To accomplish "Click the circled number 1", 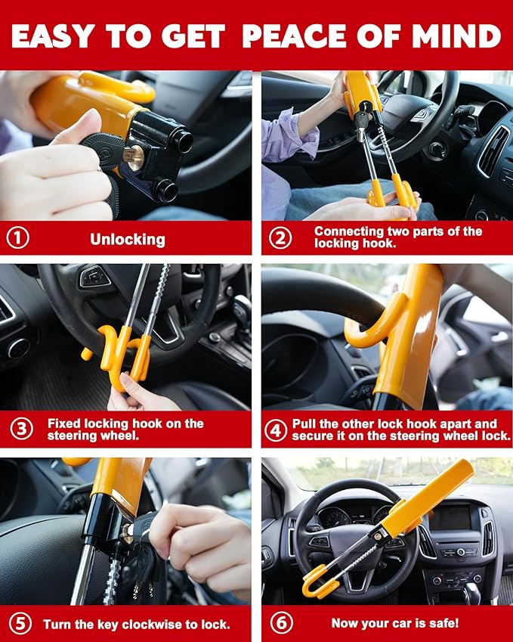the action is (x=17, y=238).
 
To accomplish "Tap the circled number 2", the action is (x=280, y=238).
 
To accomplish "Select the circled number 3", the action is (x=22, y=429).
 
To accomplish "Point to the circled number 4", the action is (x=276, y=430).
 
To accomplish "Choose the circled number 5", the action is (x=20, y=624).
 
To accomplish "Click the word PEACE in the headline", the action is (x=295, y=36).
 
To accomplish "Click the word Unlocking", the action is (x=128, y=240).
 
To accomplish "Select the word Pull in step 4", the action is (x=303, y=423).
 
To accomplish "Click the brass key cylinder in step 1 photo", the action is (x=134, y=158).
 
